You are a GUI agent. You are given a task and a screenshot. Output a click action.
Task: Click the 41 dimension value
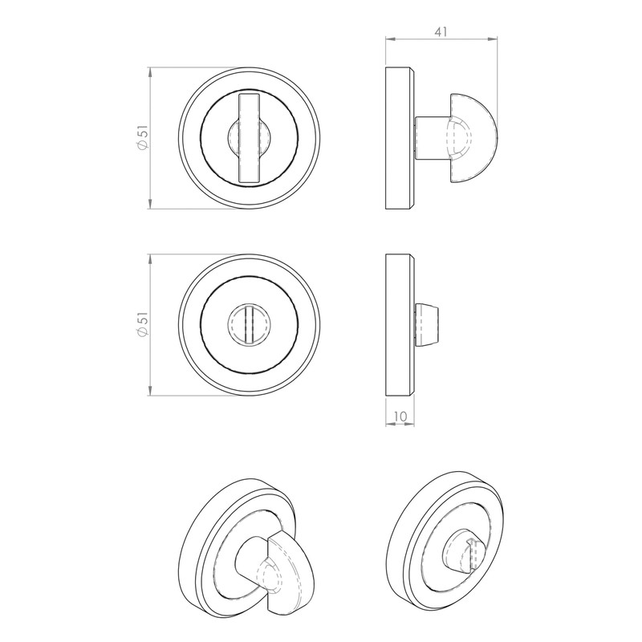(x=440, y=32)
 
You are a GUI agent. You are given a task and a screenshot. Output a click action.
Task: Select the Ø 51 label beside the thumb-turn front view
(x=141, y=139)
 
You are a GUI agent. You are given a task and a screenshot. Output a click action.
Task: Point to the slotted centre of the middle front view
(x=250, y=324)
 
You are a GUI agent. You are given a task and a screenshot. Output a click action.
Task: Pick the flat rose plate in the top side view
(x=399, y=139)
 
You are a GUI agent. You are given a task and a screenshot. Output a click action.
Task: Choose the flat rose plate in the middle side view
(x=399, y=324)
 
